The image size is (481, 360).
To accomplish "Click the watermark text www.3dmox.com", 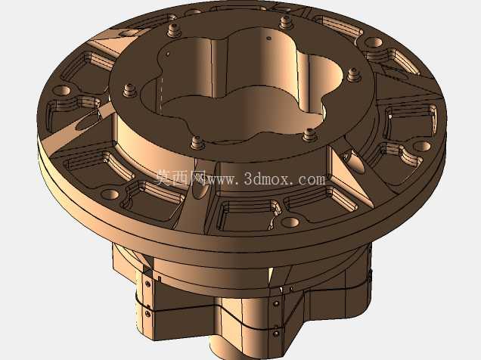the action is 266,178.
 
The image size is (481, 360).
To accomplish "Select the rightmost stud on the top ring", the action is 353,75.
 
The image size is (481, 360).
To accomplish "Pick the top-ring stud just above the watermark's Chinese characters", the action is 196,143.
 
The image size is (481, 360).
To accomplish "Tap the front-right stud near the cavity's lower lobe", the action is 309,135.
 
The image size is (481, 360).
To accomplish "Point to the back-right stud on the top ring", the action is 286,23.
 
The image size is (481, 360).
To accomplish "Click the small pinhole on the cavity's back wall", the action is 269,39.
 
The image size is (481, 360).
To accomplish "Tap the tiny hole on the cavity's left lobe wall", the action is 168,54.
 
